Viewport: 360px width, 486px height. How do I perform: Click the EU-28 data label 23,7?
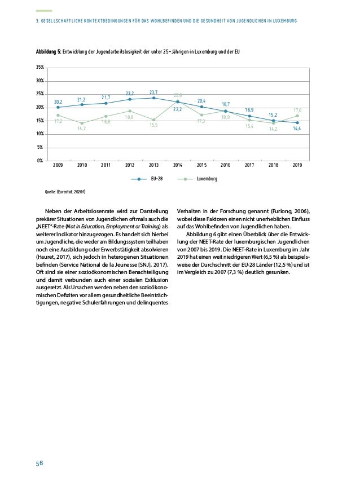point(153,91)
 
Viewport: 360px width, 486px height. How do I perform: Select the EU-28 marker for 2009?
point(58,107)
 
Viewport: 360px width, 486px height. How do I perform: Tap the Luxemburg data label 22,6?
point(177,95)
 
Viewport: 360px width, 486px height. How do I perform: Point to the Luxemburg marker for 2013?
point(153,120)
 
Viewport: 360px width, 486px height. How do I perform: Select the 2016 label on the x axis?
point(225,166)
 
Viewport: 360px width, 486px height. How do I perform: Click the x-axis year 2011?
point(106,166)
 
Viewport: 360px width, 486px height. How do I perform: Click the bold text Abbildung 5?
point(48,52)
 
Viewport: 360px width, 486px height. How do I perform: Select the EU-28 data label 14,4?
point(297,129)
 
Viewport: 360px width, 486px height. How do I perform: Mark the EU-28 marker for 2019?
point(297,122)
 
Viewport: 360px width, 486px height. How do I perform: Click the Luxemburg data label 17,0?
point(297,110)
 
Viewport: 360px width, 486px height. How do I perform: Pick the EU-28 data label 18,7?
point(225,104)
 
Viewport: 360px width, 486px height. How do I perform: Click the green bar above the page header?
point(43,11)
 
